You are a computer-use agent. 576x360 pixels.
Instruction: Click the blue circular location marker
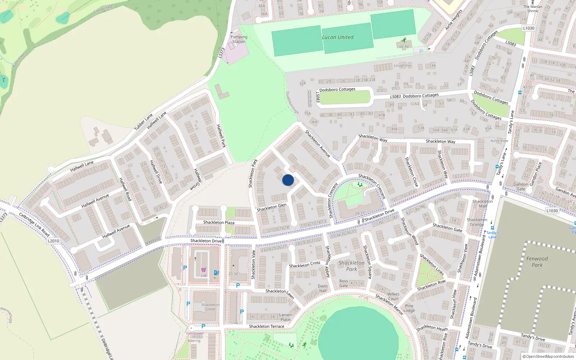(288, 180)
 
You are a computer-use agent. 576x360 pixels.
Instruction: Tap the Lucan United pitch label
(337, 37)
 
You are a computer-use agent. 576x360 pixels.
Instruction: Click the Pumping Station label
(239, 39)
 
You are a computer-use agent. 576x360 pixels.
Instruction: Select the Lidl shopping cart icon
(204, 270)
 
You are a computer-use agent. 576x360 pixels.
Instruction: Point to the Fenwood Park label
(537, 262)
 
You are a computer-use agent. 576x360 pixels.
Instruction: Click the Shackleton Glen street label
(271, 207)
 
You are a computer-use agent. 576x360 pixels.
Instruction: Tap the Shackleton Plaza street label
(219, 222)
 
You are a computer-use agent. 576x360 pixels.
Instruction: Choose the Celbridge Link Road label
(34, 224)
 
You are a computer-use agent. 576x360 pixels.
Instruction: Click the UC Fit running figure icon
(404, 40)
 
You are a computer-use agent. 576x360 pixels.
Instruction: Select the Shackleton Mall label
(483, 204)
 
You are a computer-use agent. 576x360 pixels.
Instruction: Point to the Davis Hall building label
(323, 288)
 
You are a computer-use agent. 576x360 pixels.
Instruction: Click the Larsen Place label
(285, 317)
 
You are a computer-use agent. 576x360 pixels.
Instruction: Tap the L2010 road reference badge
(53, 241)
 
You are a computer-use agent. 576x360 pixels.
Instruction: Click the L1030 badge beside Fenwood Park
(552, 211)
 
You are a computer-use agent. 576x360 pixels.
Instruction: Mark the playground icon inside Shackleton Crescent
(360, 185)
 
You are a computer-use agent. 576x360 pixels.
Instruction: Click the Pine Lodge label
(409, 308)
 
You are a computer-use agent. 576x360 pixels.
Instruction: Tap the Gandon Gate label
(521, 186)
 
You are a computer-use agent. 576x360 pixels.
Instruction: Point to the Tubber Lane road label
(144, 122)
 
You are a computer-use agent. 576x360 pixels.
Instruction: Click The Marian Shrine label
(533, 9)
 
